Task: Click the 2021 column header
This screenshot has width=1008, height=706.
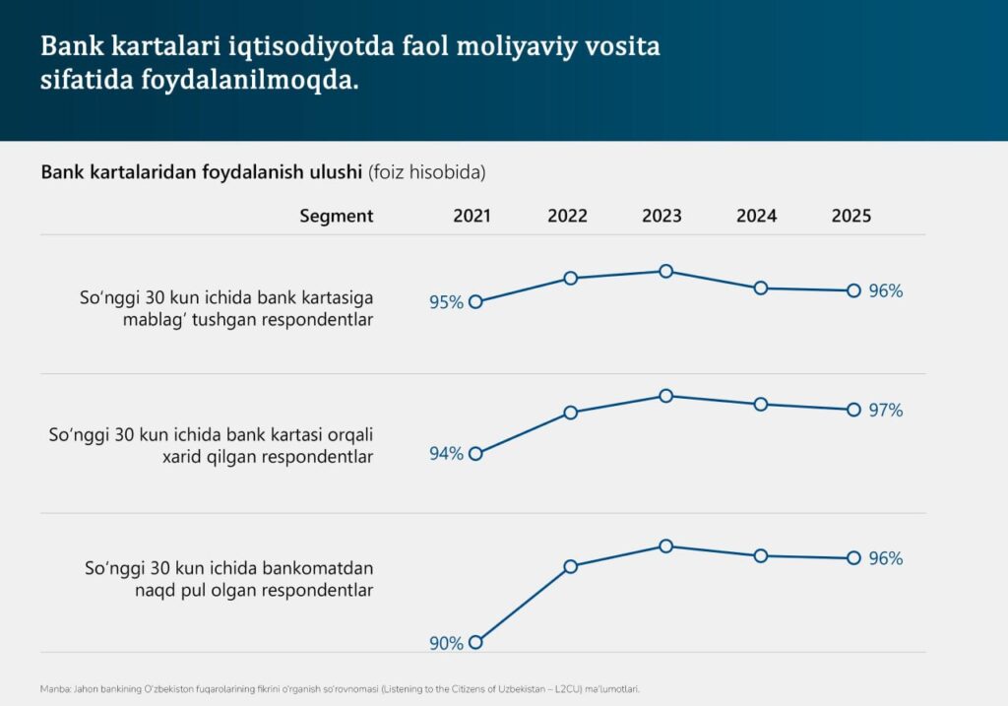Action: [472, 216]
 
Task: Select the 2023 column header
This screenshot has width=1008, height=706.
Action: [661, 216]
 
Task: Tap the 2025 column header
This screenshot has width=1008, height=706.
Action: [850, 216]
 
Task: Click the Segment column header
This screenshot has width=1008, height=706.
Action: [337, 216]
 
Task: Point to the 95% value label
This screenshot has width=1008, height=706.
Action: [446, 302]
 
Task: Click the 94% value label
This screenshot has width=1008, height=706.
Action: [446, 454]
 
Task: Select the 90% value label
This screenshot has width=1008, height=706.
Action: [446, 643]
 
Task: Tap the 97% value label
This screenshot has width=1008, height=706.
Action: [886, 411]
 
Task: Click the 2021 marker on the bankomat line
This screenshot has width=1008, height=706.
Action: [476, 642]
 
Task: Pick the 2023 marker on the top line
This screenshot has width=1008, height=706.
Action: [666, 271]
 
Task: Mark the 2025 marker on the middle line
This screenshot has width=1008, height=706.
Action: [853, 410]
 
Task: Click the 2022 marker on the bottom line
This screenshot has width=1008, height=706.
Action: [571, 566]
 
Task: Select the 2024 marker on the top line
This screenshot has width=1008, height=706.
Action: [761, 288]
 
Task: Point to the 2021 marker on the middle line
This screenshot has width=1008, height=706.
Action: [476, 454]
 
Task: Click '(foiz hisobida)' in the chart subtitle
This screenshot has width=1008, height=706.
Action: [426, 172]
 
